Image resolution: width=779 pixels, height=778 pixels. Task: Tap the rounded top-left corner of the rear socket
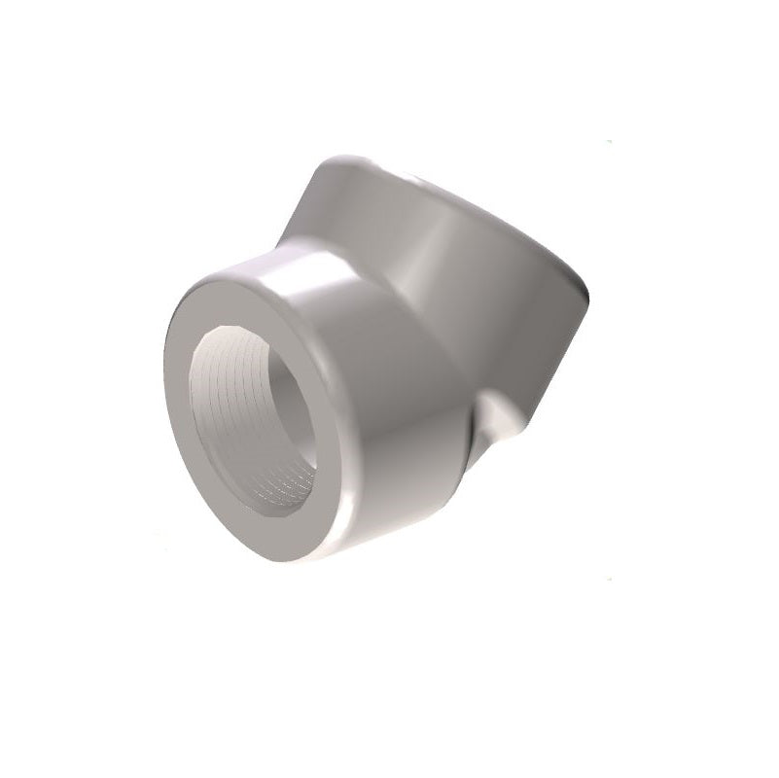coord(331,165)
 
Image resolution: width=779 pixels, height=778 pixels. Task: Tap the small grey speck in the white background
coord(609,143)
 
